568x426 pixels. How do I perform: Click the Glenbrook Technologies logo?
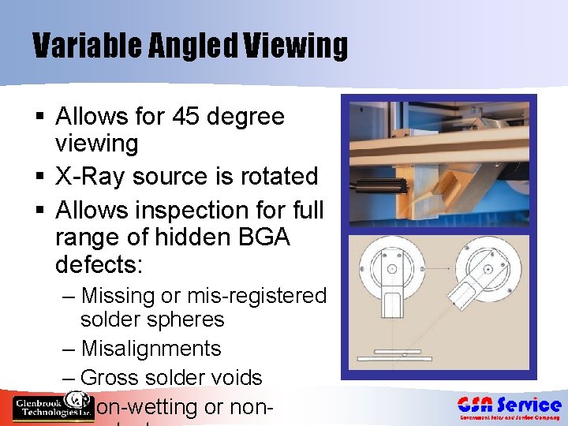(x=52, y=406)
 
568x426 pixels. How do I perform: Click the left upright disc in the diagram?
(x=392, y=270)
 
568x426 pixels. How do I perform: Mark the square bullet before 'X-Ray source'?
(x=39, y=177)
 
